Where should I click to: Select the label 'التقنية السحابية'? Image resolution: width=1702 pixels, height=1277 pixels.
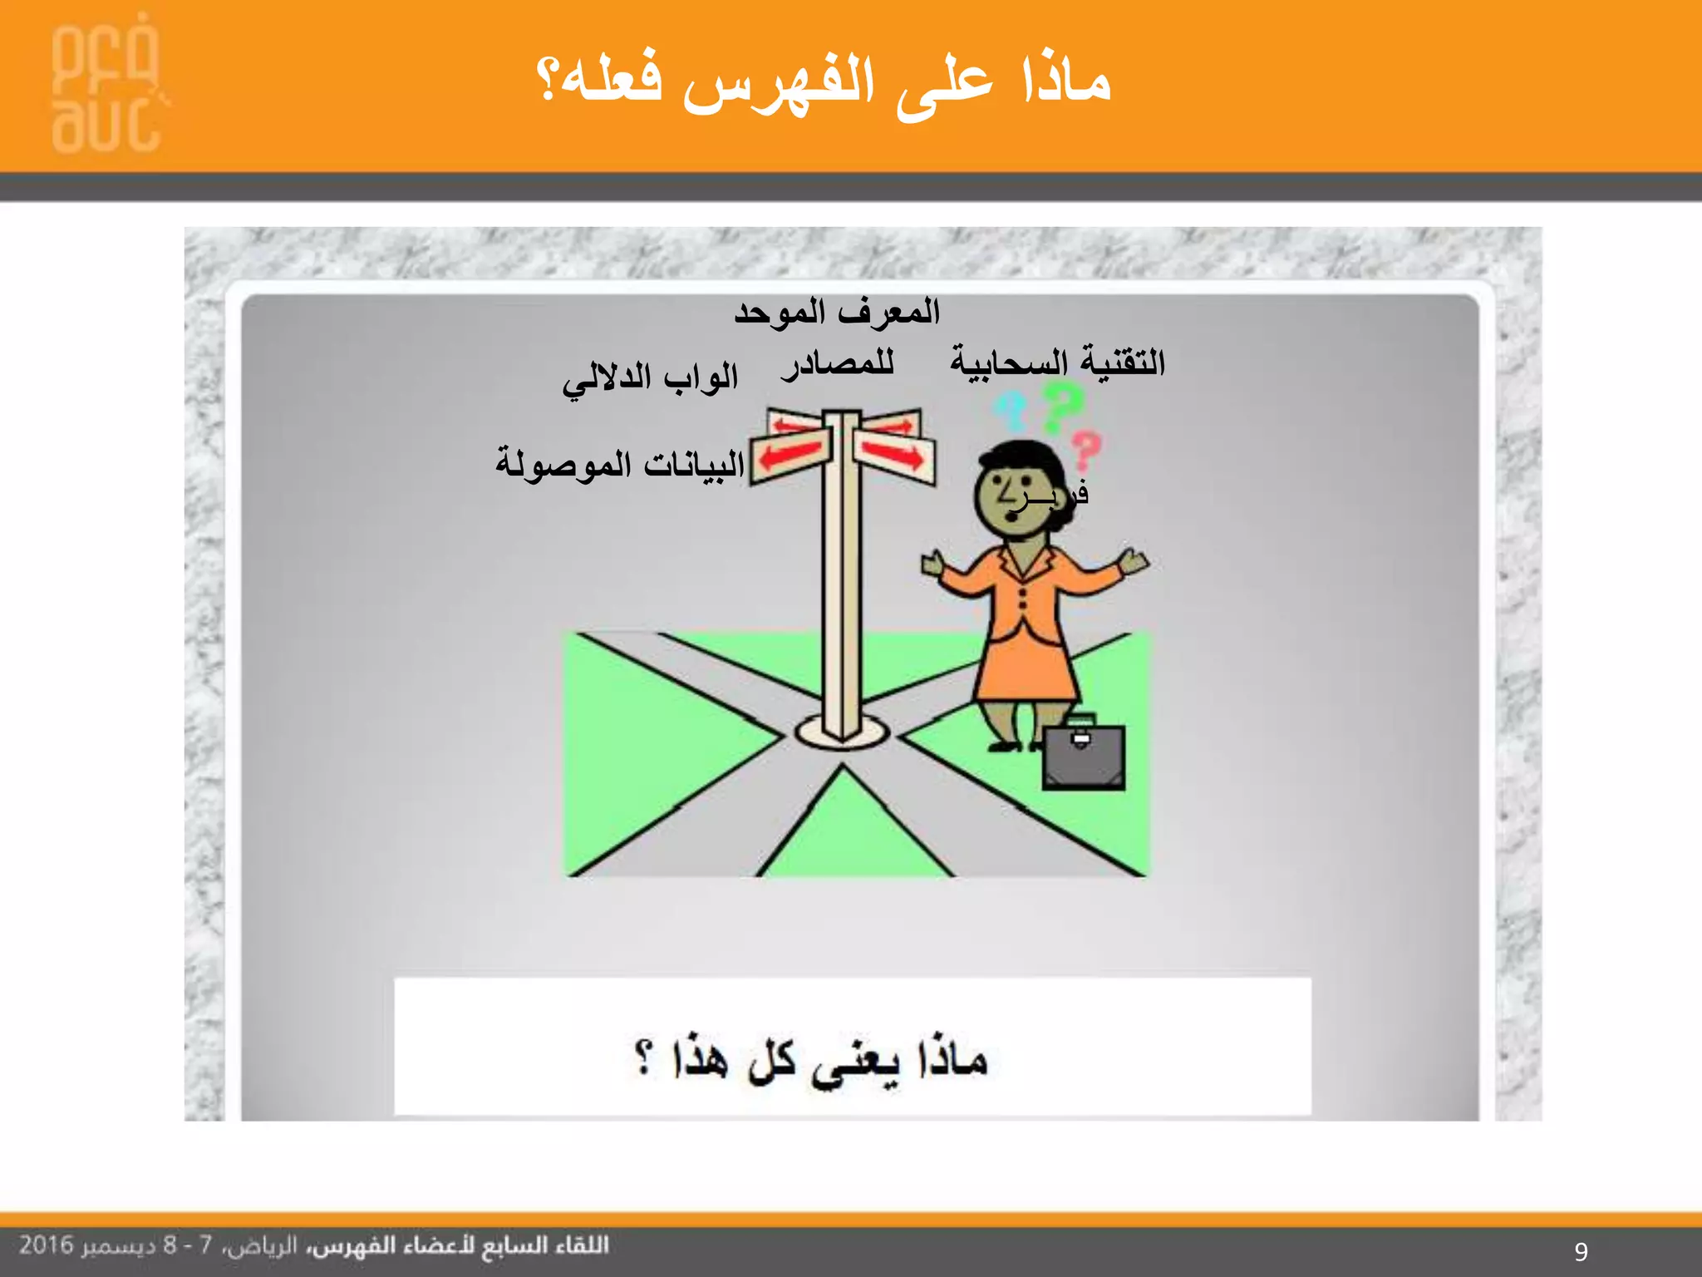[1057, 362]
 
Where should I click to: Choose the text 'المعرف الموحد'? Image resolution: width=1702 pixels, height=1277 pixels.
[836, 313]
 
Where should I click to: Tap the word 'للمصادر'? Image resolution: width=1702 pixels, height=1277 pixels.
[838, 364]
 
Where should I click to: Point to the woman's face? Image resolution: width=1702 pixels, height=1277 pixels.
[1009, 497]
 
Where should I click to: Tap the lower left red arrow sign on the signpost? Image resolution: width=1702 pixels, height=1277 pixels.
[791, 455]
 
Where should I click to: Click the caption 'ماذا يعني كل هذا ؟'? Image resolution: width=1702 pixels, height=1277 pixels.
[811, 1061]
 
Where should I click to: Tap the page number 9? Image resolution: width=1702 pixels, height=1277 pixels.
[1581, 1251]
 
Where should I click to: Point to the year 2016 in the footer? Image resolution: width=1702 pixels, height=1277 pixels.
[47, 1245]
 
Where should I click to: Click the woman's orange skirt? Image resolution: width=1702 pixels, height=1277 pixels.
[1027, 665]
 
